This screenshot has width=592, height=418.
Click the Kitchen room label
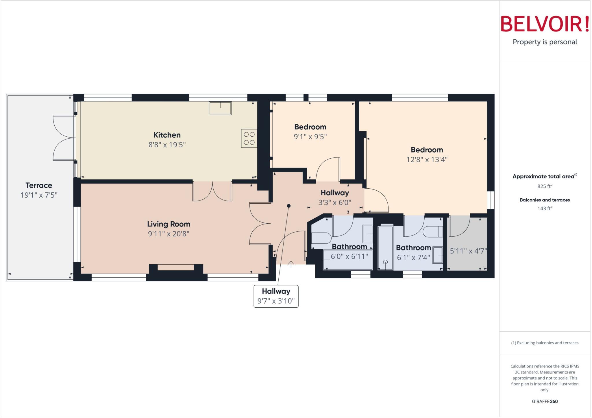(167, 135)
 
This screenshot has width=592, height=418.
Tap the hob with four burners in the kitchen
(249, 138)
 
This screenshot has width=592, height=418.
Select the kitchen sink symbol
(220, 108)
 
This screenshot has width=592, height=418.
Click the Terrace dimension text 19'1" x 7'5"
(39, 195)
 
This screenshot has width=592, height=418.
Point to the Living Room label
(169, 224)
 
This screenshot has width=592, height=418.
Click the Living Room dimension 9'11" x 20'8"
(169, 234)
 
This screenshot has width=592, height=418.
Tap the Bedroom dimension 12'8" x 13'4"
(427, 159)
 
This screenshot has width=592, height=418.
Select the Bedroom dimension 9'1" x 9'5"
(310, 137)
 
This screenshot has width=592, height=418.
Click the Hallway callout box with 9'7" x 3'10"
(276, 296)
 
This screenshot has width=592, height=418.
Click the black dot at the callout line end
(288, 206)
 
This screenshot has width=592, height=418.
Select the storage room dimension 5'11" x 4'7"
(468, 251)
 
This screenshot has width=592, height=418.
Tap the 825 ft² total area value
(545, 186)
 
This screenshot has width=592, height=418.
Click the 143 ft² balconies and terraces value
(545, 209)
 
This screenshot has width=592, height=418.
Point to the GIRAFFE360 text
(545, 402)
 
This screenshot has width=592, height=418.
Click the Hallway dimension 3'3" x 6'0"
(335, 203)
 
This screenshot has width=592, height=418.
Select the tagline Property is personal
(545, 42)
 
